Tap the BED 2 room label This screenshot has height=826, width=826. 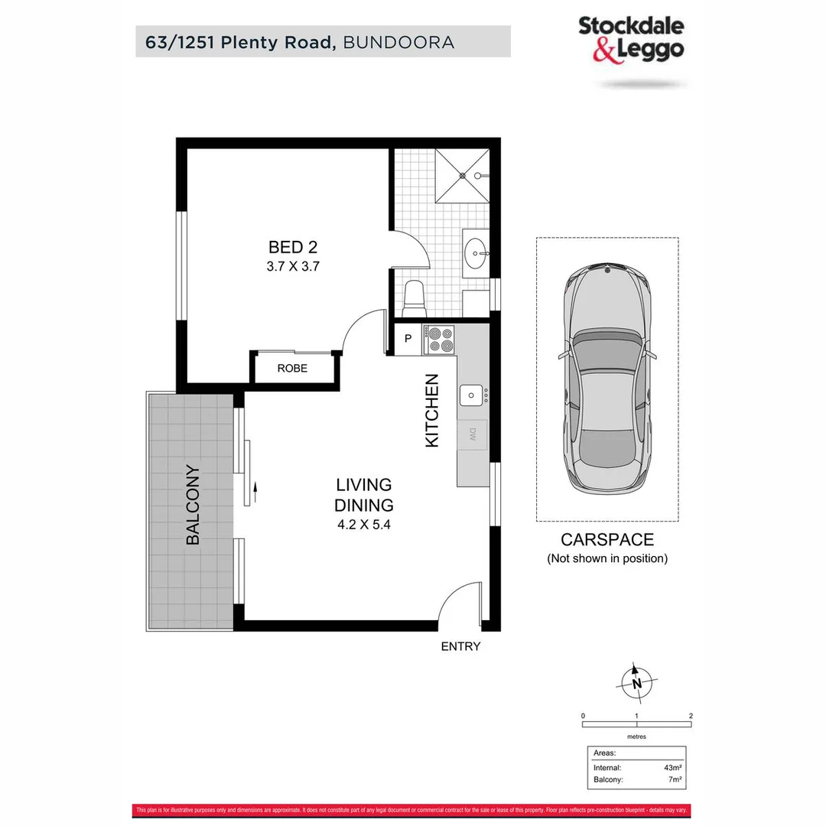[x=292, y=247]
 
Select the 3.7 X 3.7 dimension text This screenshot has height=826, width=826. [x=292, y=267]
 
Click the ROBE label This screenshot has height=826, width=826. [x=292, y=369]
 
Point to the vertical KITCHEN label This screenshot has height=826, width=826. [x=432, y=411]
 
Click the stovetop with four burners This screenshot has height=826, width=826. [x=439, y=340]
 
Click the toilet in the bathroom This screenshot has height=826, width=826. [x=414, y=294]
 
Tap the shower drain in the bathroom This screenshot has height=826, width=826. [x=462, y=175]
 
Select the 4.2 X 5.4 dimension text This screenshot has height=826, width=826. [x=364, y=525]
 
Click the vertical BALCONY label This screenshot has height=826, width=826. [x=193, y=506]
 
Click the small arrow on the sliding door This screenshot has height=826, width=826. [x=254, y=489]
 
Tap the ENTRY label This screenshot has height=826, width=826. [x=460, y=646]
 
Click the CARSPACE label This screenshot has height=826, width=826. [x=607, y=540]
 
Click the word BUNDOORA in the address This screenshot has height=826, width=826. [x=399, y=41]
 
